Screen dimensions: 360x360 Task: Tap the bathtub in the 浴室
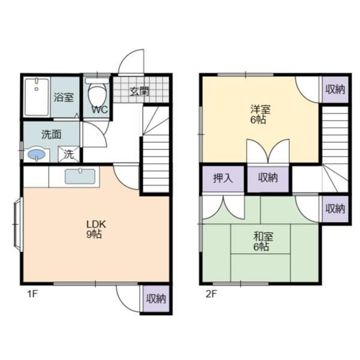37,97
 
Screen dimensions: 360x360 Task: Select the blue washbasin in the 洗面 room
37,154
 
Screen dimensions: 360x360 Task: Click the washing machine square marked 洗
68,154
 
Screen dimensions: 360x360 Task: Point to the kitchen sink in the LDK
80,176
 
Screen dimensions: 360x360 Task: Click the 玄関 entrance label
140,92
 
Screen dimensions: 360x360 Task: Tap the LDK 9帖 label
95,229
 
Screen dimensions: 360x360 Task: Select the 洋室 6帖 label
260,114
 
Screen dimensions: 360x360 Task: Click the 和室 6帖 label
263,241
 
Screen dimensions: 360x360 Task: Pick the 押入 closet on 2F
223,178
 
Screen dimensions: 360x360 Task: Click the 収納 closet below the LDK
156,299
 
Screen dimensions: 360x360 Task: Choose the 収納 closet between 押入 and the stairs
268,178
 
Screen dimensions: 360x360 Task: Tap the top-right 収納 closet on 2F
335,89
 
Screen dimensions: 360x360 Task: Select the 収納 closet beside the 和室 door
335,209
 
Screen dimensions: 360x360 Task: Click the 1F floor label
32,294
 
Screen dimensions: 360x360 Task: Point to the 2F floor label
211,294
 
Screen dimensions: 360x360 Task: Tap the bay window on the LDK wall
17,224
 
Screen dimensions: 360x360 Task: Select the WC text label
100,110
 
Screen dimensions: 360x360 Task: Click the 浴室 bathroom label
64,97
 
